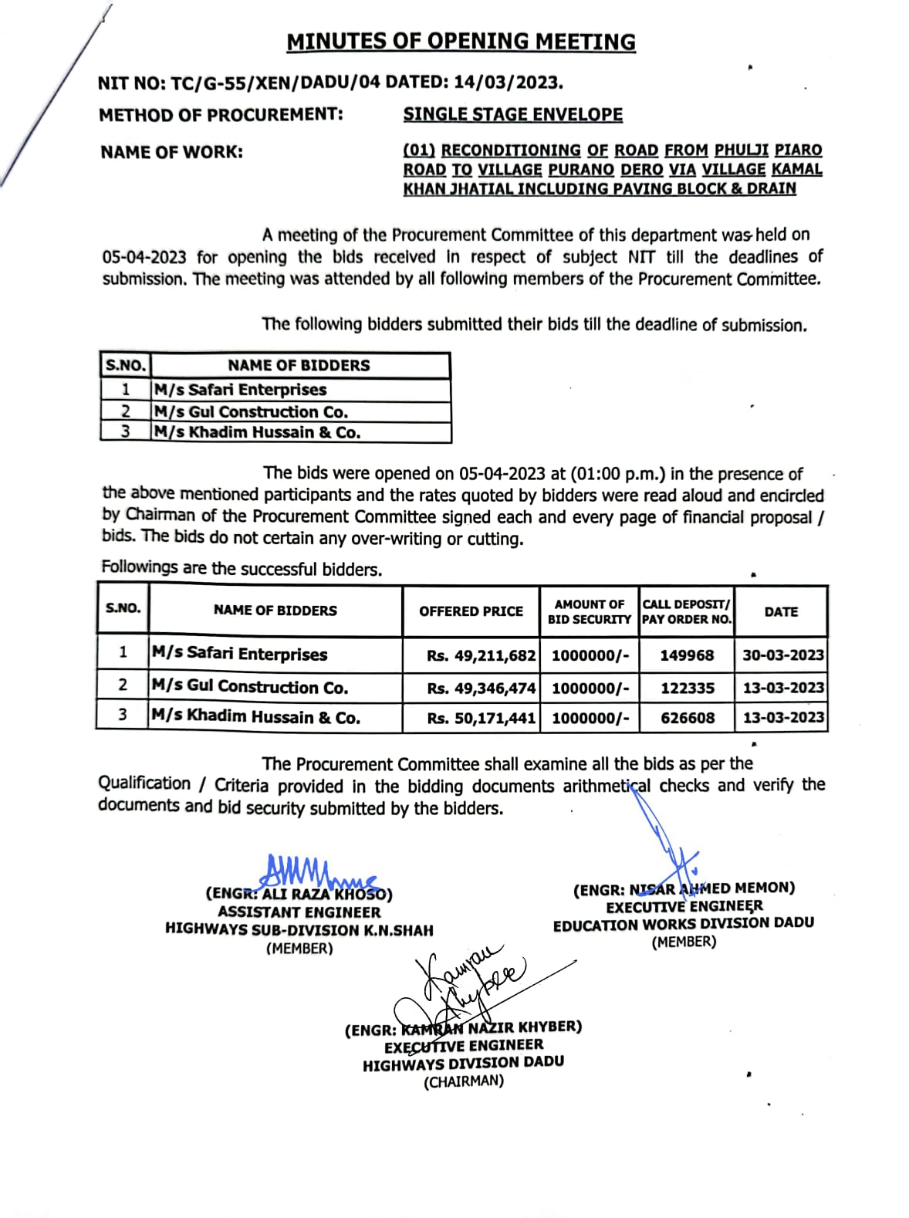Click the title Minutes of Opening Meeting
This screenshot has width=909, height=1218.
(x=461, y=42)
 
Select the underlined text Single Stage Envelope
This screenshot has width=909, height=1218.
(x=512, y=114)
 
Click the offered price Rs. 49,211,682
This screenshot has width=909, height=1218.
(x=481, y=655)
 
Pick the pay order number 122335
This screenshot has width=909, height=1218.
(x=687, y=688)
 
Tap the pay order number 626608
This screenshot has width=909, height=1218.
(x=687, y=718)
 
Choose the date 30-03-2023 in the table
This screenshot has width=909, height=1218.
(x=782, y=655)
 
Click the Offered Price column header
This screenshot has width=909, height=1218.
(x=471, y=611)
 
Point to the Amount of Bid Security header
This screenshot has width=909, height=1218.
(x=590, y=611)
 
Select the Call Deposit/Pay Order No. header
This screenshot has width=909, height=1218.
(x=686, y=611)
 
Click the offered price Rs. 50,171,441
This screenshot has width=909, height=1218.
(x=481, y=718)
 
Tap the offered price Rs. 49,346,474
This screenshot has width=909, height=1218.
(x=481, y=688)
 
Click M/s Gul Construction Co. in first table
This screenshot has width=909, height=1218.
(x=251, y=412)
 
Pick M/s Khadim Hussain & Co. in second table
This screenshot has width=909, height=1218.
(x=255, y=717)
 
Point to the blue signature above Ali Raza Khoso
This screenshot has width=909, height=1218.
(x=313, y=873)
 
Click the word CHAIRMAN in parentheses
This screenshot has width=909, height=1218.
(x=463, y=1081)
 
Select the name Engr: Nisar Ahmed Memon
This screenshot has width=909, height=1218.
(x=684, y=889)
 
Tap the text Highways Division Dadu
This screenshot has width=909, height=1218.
(x=463, y=1063)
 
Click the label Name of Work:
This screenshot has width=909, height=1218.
(x=171, y=152)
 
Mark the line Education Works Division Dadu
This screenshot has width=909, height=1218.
(x=684, y=924)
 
